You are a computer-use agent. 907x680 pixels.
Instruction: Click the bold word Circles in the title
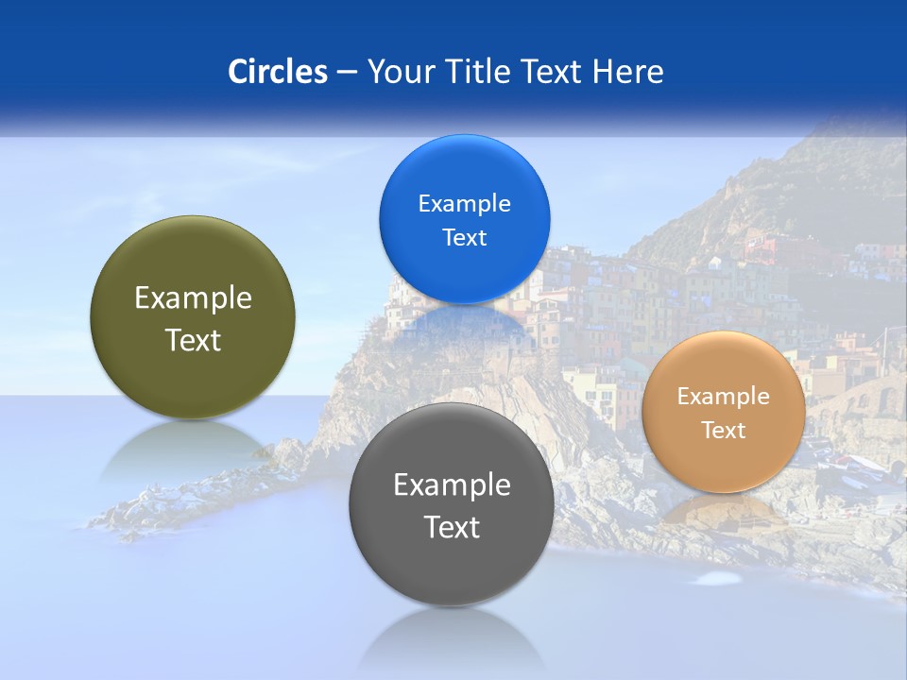(x=277, y=72)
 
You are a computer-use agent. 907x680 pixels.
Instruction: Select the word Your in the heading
(x=400, y=72)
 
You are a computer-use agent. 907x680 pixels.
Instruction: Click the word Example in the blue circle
(x=464, y=204)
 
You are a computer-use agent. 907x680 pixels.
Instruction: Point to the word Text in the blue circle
(x=464, y=238)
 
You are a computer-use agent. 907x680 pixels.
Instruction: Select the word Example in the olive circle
(x=193, y=298)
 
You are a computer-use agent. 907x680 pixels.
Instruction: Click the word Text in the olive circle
(x=193, y=340)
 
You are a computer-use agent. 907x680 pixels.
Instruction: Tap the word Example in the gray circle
(x=452, y=485)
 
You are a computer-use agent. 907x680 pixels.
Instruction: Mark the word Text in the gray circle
(x=452, y=527)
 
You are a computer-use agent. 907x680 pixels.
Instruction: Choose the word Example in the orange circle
(x=724, y=397)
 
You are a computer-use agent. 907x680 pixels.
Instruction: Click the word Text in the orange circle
(x=724, y=431)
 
